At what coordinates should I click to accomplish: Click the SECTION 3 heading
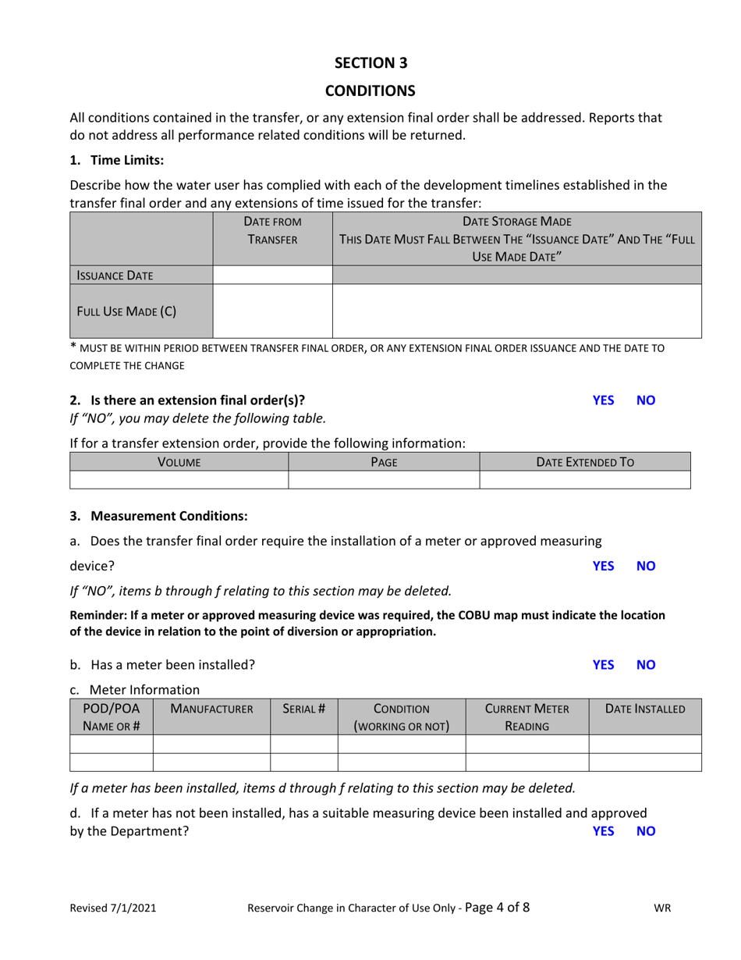point(370,63)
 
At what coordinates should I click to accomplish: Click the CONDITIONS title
point(370,91)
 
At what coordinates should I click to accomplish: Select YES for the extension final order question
point(603,400)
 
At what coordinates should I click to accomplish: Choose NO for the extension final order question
point(646,400)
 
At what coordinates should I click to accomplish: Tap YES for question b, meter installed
point(603,665)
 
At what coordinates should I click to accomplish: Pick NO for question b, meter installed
point(646,665)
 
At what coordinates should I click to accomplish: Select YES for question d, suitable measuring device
point(603,831)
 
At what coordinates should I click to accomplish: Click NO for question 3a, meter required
point(646,566)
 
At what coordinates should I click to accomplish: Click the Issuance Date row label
point(115,276)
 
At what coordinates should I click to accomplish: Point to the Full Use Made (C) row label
point(126,311)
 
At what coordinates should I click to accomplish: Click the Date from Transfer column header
point(272,231)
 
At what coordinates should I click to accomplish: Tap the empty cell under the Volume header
point(179,480)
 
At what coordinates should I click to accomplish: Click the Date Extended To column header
point(585,462)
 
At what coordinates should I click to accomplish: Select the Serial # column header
point(303,709)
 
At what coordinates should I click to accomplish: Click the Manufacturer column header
point(211,709)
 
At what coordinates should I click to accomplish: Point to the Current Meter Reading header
point(527,717)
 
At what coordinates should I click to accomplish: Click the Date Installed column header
point(645,709)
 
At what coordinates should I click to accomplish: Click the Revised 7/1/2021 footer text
point(113,908)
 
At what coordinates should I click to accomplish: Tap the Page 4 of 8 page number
point(497,907)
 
